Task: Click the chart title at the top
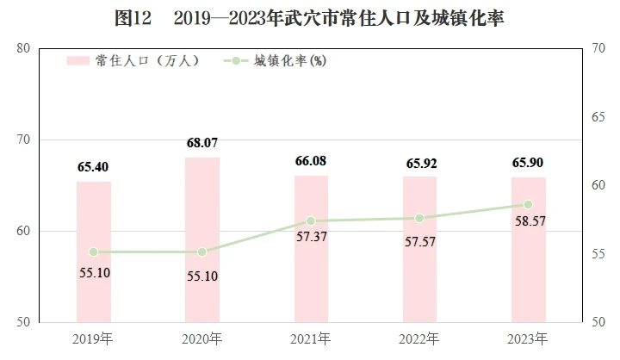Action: point(310,18)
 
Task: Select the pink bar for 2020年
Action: point(202,239)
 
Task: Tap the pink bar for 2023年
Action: point(529,250)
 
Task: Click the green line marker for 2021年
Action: point(311,220)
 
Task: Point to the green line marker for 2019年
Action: point(94,252)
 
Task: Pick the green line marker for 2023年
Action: point(528,204)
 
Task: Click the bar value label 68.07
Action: point(202,143)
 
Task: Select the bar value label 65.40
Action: point(93,167)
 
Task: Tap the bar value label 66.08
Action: point(311,161)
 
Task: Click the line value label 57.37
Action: point(312,237)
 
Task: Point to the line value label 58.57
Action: point(530,220)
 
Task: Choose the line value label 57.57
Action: point(420,242)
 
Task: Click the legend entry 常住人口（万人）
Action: point(133,61)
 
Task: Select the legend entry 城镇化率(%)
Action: point(276,61)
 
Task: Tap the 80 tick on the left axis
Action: point(23,48)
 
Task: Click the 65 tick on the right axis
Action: point(598,117)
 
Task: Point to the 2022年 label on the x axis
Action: point(419,339)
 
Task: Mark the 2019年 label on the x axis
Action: point(93,339)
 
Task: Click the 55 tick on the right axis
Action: point(598,254)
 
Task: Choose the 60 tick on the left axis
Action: point(23,231)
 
